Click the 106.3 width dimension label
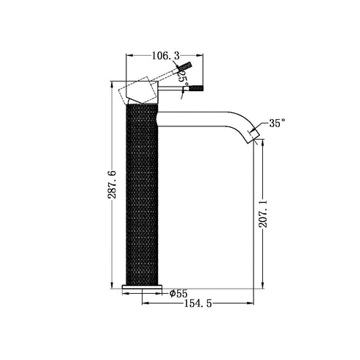(x=166, y=56)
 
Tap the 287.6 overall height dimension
(x=112, y=184)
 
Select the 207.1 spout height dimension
(x=263, y=214)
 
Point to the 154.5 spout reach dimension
(x=198, y=303)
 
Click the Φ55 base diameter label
(x=179, y=293)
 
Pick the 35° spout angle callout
(x=278, y=123)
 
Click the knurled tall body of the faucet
(x=142, y=194)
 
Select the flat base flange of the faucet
(x=142, y=287)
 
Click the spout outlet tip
(x=254, y=137)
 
